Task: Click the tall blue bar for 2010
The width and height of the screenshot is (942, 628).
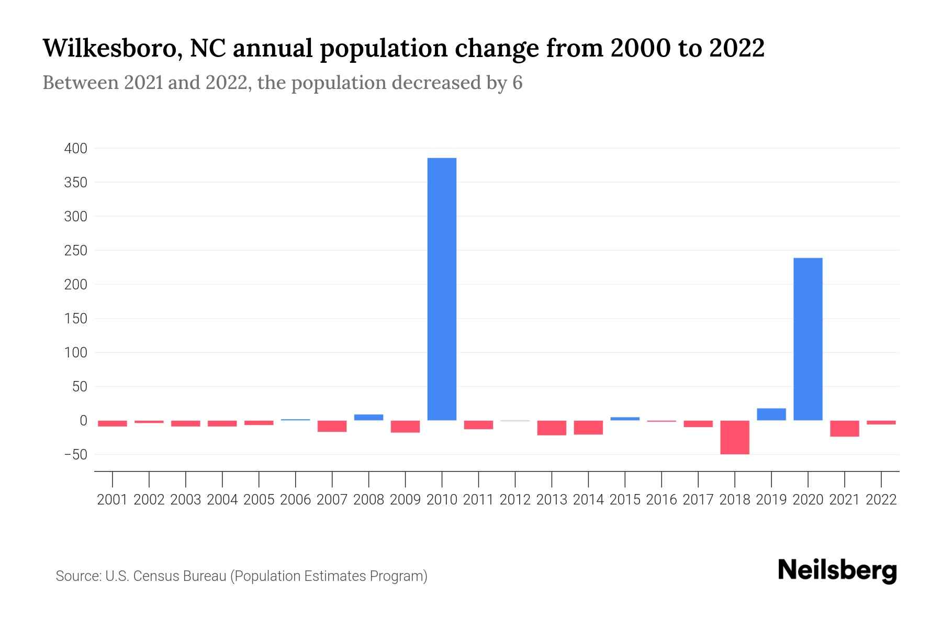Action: tap(442, 289)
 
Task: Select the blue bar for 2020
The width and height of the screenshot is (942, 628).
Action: tap(808, 339)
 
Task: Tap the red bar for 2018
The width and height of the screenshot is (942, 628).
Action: tap(734, 438)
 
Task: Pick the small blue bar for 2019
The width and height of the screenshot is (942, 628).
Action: tap(771, 414)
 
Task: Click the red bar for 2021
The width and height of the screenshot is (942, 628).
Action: tap(844, 429)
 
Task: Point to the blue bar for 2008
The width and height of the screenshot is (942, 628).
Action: tap(368, 417)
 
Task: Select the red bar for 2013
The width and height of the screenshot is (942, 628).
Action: tap(552, 428)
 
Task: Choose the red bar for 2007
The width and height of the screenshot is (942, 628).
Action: tap(332, 427)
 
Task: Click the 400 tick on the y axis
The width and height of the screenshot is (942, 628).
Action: tap(75, 149)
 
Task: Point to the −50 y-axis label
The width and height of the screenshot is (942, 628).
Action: tap(75, 455)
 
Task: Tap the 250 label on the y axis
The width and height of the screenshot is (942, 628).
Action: tap(75, 251)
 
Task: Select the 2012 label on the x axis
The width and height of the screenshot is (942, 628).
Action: tap(515, 500)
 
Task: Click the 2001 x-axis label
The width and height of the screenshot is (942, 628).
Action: tap(113, 500)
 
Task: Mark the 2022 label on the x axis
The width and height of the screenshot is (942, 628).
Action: tap(881, 500)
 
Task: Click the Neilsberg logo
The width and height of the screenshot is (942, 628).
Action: tap(837, 571)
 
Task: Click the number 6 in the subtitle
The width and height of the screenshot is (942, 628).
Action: tap(517, 83)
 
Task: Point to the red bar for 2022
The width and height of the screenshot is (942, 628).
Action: tap(881, 422)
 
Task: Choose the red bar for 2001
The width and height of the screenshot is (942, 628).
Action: tap(113, 423)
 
